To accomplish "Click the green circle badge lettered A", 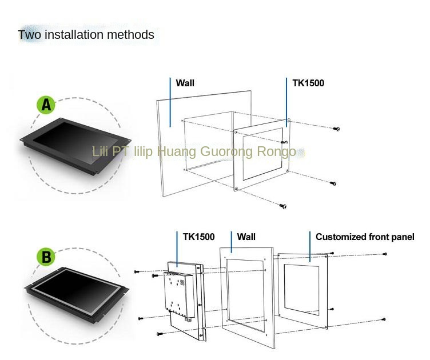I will click(46, 105).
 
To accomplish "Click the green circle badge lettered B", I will click(46, 257).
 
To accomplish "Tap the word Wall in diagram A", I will click(185, 83).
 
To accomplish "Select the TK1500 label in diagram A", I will click(308, 83).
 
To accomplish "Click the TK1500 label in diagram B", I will click(198, 237).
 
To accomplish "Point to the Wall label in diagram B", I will click(246, 237).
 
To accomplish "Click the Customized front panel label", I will click(365, 237).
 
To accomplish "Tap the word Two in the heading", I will click(30, 35).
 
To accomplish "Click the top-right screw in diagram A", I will click(337, 129).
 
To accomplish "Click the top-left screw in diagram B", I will click(137, 271).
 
